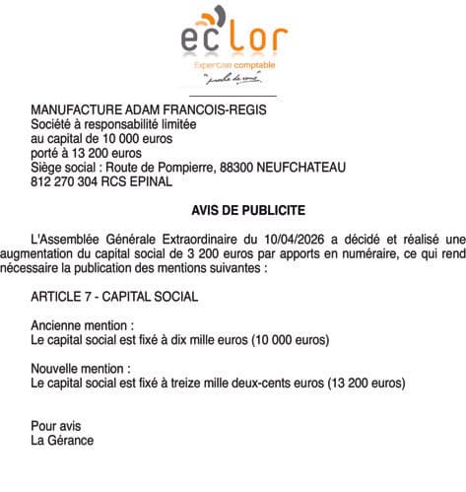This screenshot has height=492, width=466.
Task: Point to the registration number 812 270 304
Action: [x=64, y=181]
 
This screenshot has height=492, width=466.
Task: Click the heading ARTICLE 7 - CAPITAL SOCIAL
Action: [x=114, y=295]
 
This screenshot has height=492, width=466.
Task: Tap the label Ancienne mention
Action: [x=82, y=324]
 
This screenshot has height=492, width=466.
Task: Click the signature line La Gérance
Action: [x=62, y=440]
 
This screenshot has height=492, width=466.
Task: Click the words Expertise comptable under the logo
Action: [x=232, y=62]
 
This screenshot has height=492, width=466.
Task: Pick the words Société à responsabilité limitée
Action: [x=114, y=125]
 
